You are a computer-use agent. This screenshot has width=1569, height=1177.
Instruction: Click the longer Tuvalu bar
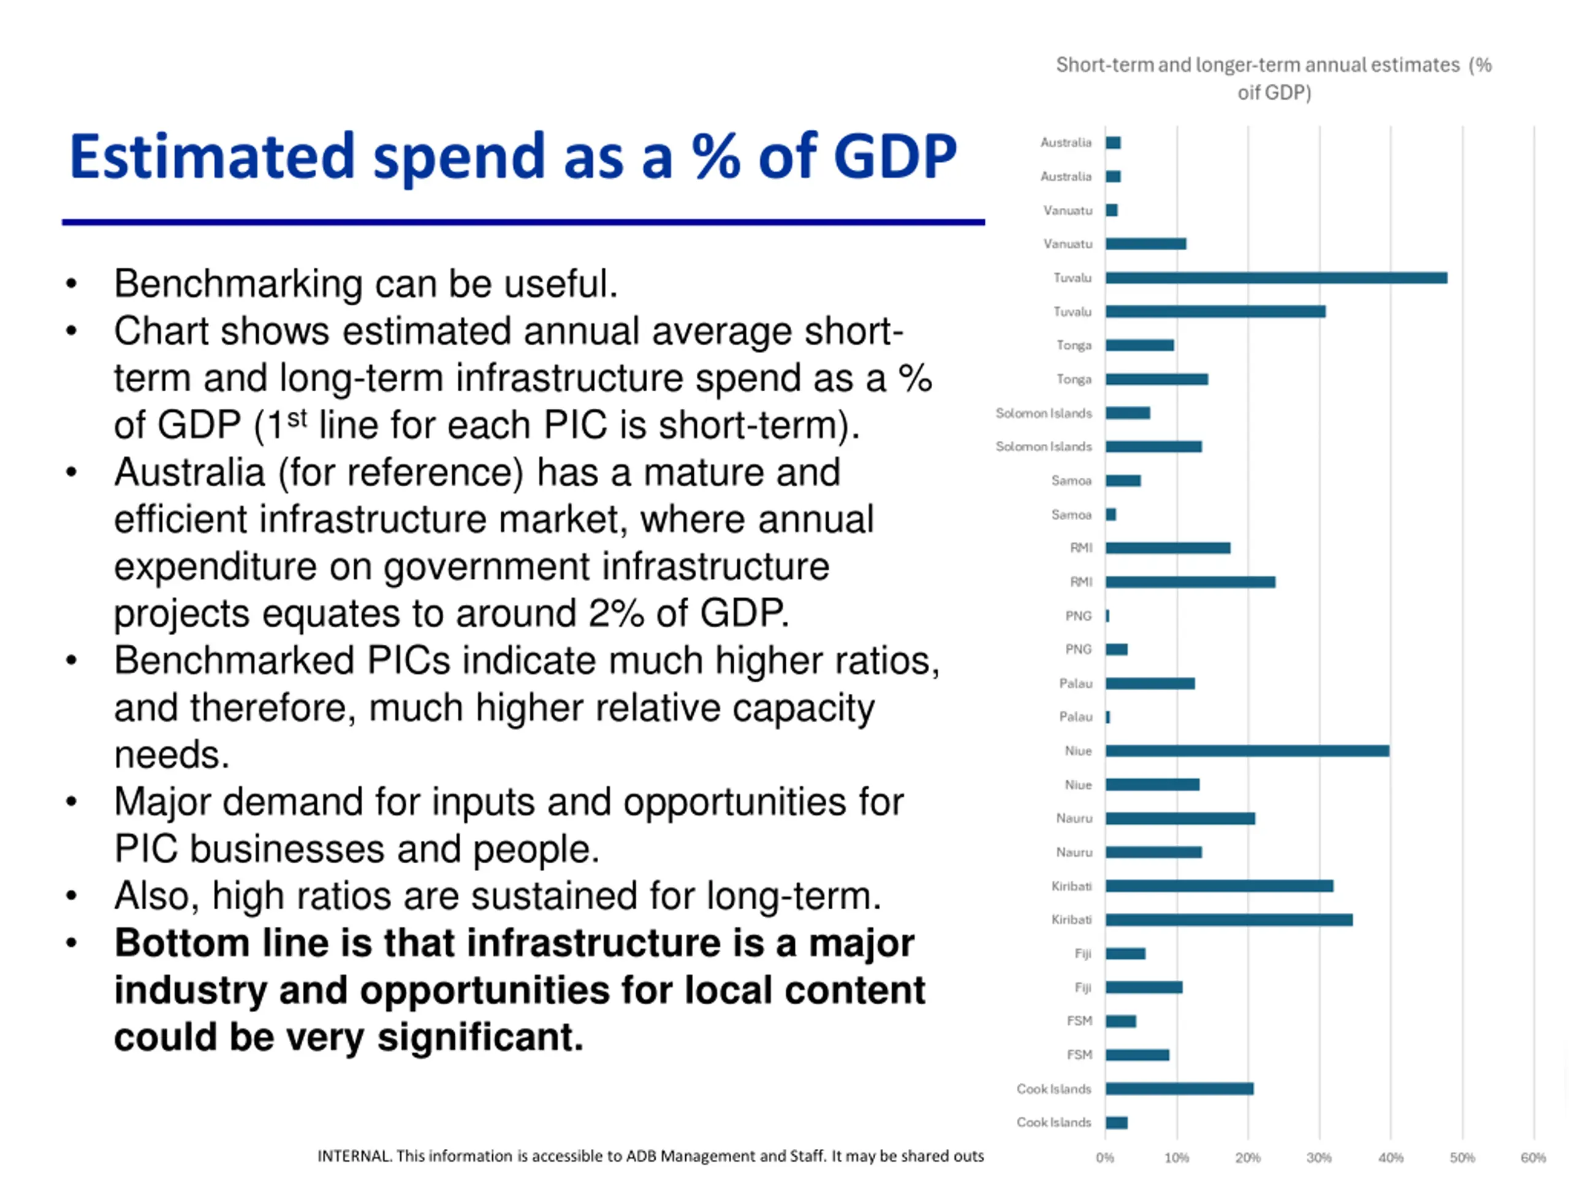(1275, 278)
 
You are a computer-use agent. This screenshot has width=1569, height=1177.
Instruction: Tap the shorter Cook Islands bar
(1117, 1122)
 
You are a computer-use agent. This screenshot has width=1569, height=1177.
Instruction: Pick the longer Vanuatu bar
(1145, 244)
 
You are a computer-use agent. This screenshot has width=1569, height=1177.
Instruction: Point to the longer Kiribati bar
(1228, 920)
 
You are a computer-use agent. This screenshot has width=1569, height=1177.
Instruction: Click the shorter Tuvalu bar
(1215, 311)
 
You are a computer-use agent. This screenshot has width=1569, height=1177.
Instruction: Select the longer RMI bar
(1190, 582)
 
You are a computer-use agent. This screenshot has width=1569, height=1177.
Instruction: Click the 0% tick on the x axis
(1104, 1158)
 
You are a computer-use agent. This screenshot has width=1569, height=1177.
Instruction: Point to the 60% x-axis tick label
(1533, 1158)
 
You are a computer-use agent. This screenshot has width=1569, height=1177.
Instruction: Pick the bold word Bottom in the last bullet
(181, 943)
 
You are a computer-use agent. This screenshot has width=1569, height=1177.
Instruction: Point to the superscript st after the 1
(297, 418)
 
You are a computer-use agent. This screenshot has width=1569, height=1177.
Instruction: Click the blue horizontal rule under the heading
(523, 222)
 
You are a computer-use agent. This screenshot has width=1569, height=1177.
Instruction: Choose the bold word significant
(479, 1037)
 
